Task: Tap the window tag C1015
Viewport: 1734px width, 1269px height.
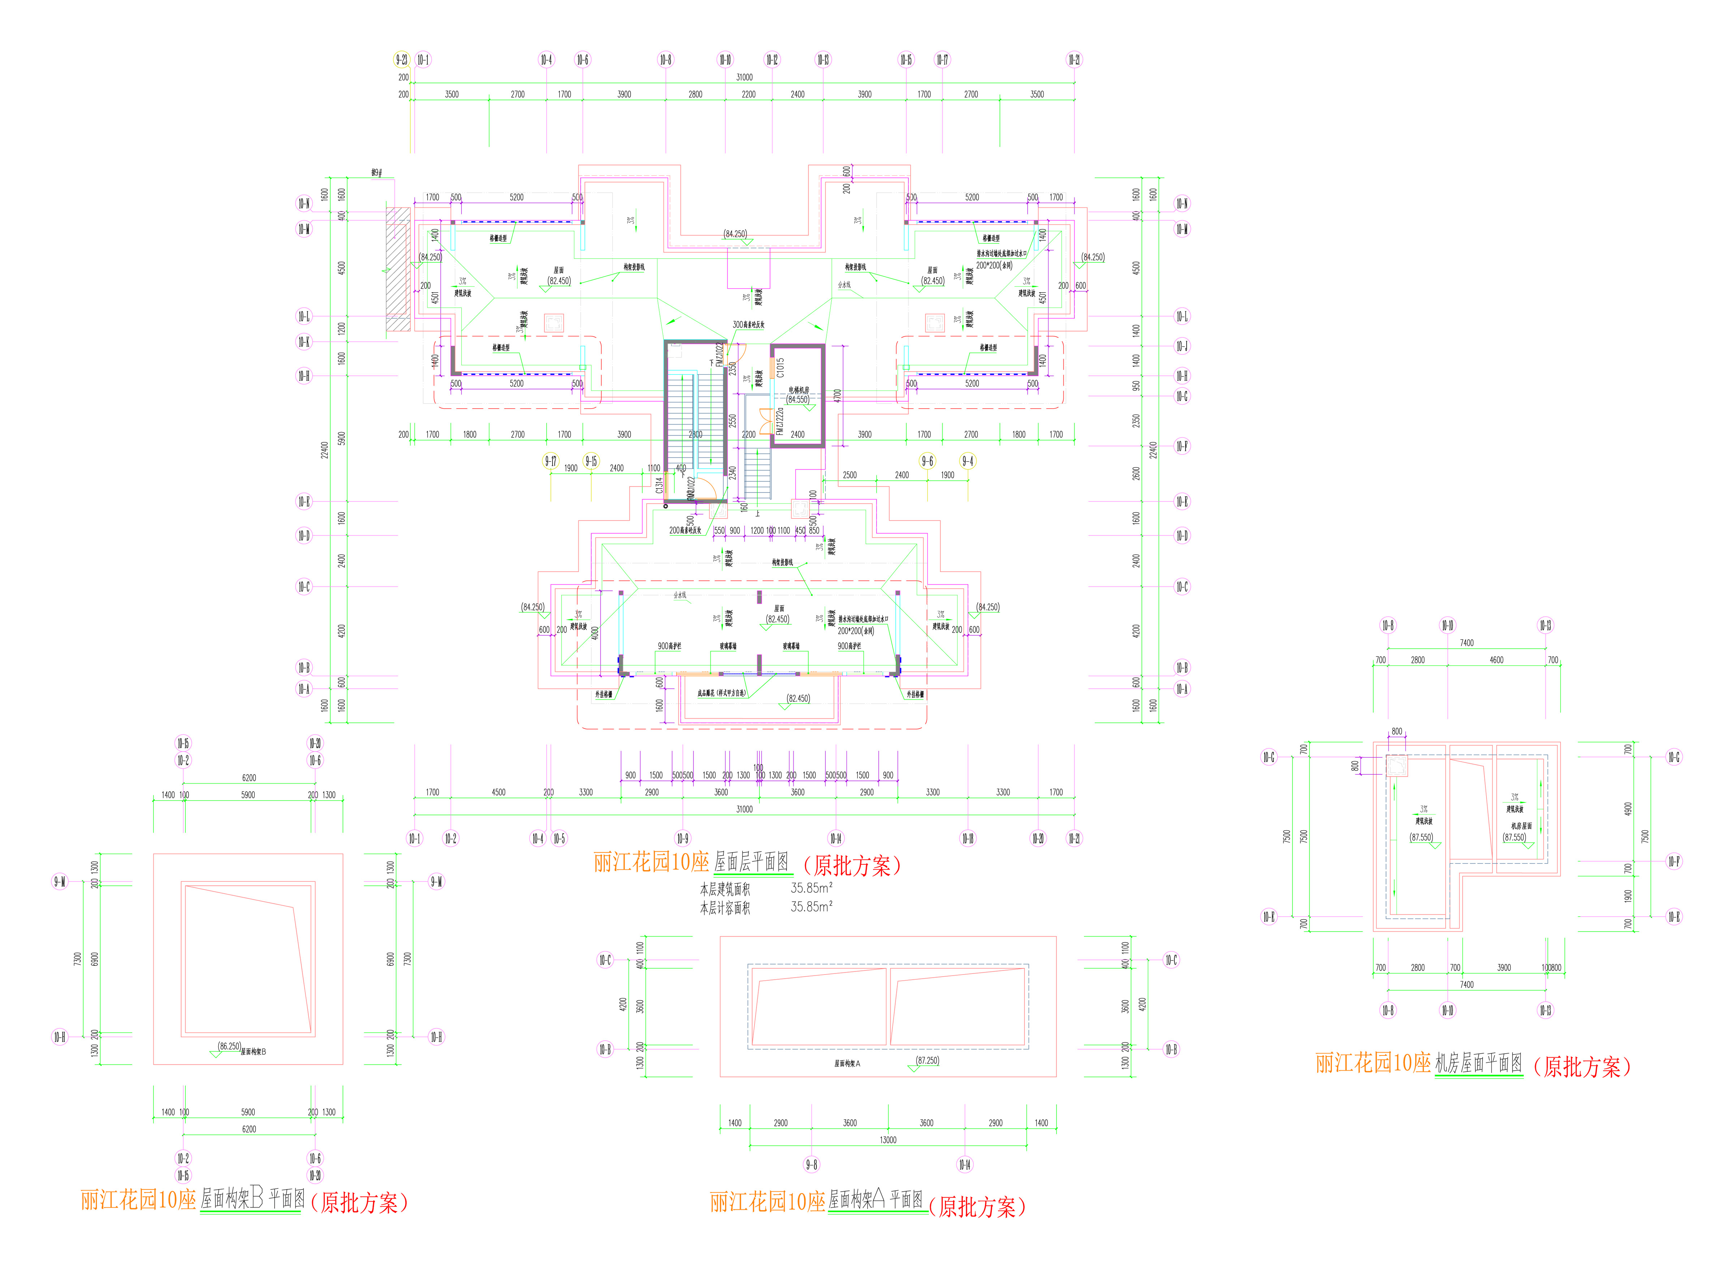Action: [x=780, y=367]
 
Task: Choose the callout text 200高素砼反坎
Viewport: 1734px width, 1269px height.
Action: [x=685, y=530]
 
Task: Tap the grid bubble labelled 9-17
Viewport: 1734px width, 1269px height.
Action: [x=551, y=461]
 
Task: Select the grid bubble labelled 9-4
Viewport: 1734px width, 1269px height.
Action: [x=968, y=461]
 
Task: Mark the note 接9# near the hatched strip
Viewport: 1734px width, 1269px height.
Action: [x=376, y=173]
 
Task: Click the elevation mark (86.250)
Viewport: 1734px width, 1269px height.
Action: [x=229, y=1046]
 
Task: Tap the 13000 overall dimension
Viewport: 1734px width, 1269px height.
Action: [x=888, y=1140]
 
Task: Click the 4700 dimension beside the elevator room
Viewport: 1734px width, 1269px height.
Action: [x=837, y=395]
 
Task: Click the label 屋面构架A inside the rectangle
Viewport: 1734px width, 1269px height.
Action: [x=847, y=1064]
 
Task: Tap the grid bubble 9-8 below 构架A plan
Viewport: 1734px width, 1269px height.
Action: [x=811, y=1165]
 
